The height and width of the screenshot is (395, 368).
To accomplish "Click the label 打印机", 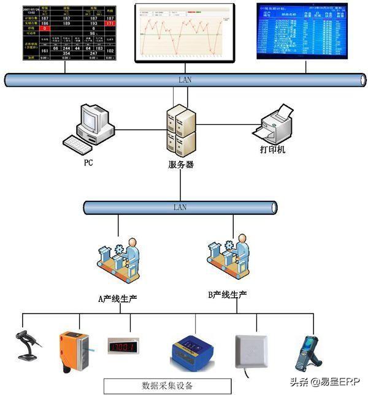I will [x=272, y=150].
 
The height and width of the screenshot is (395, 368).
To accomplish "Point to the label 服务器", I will [x=181, y=164].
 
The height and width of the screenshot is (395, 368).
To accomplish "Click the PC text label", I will [x=88, y=164].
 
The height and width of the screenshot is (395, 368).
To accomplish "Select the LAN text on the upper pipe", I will [x=185, y=80].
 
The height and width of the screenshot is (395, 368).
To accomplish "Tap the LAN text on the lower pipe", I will [x=180, y=207].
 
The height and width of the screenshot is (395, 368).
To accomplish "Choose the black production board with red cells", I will [x=69, y=33].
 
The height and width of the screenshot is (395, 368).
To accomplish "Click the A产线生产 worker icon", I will [x=118, y=261].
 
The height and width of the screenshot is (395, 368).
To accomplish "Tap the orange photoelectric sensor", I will [x=74, y=350].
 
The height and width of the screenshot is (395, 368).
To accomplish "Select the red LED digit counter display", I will [x=123, y=346].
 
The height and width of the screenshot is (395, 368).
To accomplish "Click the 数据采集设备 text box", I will [x=167, y=386].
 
